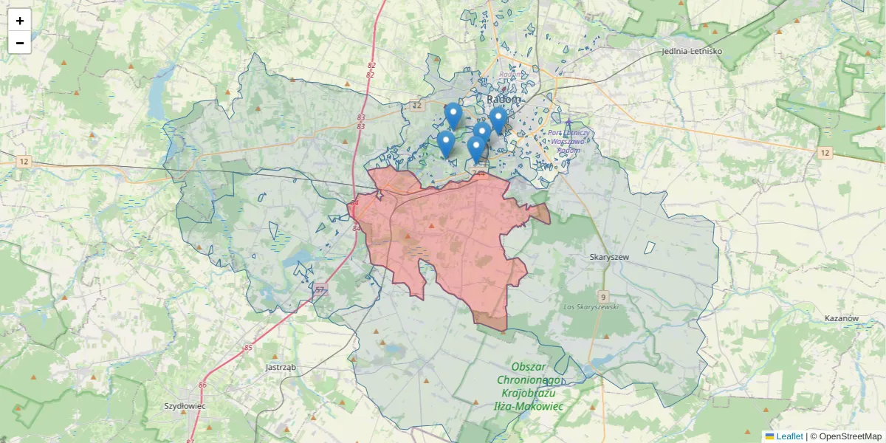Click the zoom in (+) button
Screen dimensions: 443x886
pos(20,21)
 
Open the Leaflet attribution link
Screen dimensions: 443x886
pos(789,436)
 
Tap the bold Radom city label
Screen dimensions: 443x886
pos(504,99)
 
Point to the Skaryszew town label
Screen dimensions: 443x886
pos(609,257)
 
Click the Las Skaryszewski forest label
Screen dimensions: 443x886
pos(590,306)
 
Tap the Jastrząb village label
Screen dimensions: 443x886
pos(280,367)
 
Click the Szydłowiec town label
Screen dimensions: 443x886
pos(185,406)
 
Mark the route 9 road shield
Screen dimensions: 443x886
pos(602,296)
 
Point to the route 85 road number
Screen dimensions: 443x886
pos(248,347)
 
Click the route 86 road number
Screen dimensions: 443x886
pos(202,385)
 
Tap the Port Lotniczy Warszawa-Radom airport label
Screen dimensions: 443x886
pos(568,141)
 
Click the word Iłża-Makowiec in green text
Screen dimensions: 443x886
pos(528,406)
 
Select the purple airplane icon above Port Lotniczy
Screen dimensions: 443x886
pos(569,123)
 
